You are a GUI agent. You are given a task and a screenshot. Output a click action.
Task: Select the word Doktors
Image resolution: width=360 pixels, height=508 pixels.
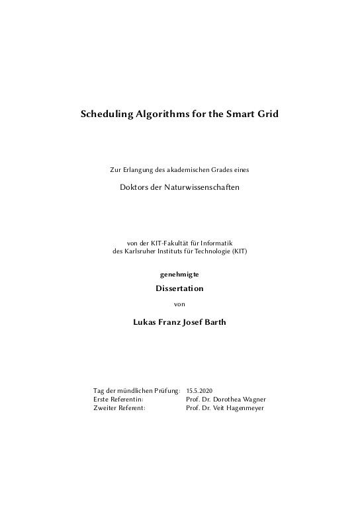(134, 187)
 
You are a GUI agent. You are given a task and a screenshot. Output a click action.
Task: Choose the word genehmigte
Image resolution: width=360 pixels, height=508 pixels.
(179, 273)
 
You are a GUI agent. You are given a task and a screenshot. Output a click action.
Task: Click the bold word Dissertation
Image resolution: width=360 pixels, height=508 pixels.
(179, 288)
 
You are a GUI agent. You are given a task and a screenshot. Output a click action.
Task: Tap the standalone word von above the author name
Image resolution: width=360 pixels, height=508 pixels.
(179, 304)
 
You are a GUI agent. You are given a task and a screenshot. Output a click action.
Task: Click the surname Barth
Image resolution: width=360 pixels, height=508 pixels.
(214, 323)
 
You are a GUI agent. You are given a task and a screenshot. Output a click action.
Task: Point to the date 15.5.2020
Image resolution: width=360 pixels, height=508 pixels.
(201, 392)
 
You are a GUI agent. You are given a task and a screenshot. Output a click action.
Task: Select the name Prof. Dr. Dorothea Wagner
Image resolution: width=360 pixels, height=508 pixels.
(227, 400)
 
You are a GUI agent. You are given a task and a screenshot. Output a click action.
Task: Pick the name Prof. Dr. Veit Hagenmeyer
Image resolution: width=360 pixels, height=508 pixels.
(226, 408)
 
